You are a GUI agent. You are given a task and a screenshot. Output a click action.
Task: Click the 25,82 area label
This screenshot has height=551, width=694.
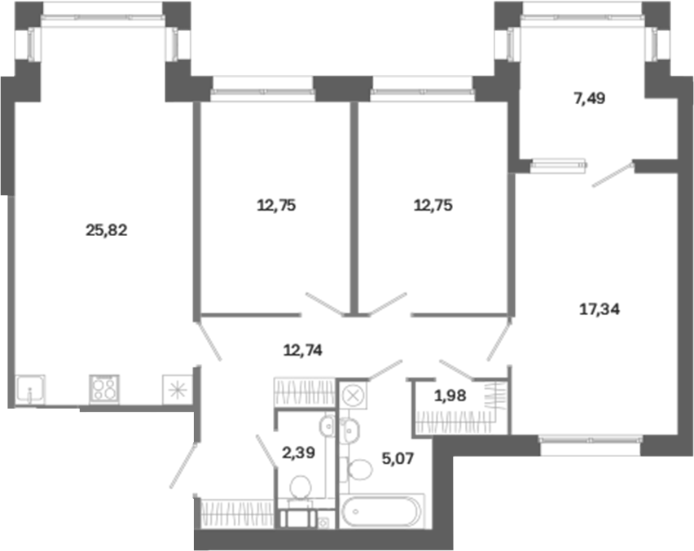pos(106,230)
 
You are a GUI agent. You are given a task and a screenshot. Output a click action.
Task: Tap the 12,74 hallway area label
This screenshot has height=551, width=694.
pos(303,350)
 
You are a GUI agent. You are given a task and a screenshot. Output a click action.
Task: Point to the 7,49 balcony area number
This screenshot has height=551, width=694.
pos(589,98)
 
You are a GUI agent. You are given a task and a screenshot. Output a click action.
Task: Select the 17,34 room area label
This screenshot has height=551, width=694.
pos(600,309)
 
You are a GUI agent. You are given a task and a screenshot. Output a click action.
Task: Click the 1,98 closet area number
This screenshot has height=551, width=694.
pos(450,396)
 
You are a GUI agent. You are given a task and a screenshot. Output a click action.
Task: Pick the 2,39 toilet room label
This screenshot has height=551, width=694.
pos(299,453)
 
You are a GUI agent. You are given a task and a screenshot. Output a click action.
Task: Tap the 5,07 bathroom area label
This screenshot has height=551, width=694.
pos(398,458)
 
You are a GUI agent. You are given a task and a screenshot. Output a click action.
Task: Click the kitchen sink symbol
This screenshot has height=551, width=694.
pos(30,390)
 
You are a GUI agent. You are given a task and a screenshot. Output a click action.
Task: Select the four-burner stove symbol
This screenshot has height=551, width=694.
pos(104,389)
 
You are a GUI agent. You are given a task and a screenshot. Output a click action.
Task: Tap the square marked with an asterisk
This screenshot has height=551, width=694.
pos(178,390)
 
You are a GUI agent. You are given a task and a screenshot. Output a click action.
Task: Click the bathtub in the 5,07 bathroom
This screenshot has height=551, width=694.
pos(383,512)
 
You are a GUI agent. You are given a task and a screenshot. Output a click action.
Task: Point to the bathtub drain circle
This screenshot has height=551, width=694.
pos(355,512)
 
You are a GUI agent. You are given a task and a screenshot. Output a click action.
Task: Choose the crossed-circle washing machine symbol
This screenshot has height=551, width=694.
pos(354,395)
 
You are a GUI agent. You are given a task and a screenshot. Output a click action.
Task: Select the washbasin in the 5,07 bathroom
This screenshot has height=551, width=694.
pos(349,428)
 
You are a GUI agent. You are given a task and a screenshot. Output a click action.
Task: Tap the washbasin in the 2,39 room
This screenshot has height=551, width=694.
pos(328,426)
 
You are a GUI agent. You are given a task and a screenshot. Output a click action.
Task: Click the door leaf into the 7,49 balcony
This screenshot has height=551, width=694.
pos(613,175)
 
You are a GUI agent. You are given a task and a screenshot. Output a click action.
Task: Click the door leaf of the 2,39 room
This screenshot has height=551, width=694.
pos(266,451)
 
